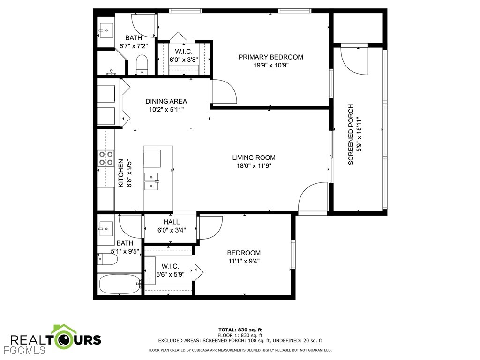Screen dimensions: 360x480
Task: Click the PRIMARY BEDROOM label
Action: tap(270, 57)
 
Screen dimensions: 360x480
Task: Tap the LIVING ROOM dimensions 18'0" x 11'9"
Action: tap(254, 165)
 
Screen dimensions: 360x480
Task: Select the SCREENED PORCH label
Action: tap(351, 134)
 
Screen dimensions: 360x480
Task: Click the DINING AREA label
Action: tap(166, 101)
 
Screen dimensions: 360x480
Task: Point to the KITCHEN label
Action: tap(120, 173)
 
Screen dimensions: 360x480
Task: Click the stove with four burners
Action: tap(106, 158)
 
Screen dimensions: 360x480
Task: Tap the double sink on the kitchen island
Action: tap(152, 180)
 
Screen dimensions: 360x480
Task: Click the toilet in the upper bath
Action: tap(141, 64)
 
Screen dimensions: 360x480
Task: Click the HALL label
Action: tap(171, 222)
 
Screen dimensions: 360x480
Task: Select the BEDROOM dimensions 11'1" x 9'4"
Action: tap(243, 261)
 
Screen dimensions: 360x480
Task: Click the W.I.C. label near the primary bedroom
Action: tap(184, 52)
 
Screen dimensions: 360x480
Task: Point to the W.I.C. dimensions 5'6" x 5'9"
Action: tap(168, 274)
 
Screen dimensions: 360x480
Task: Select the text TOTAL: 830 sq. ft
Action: tap(240, 330)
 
